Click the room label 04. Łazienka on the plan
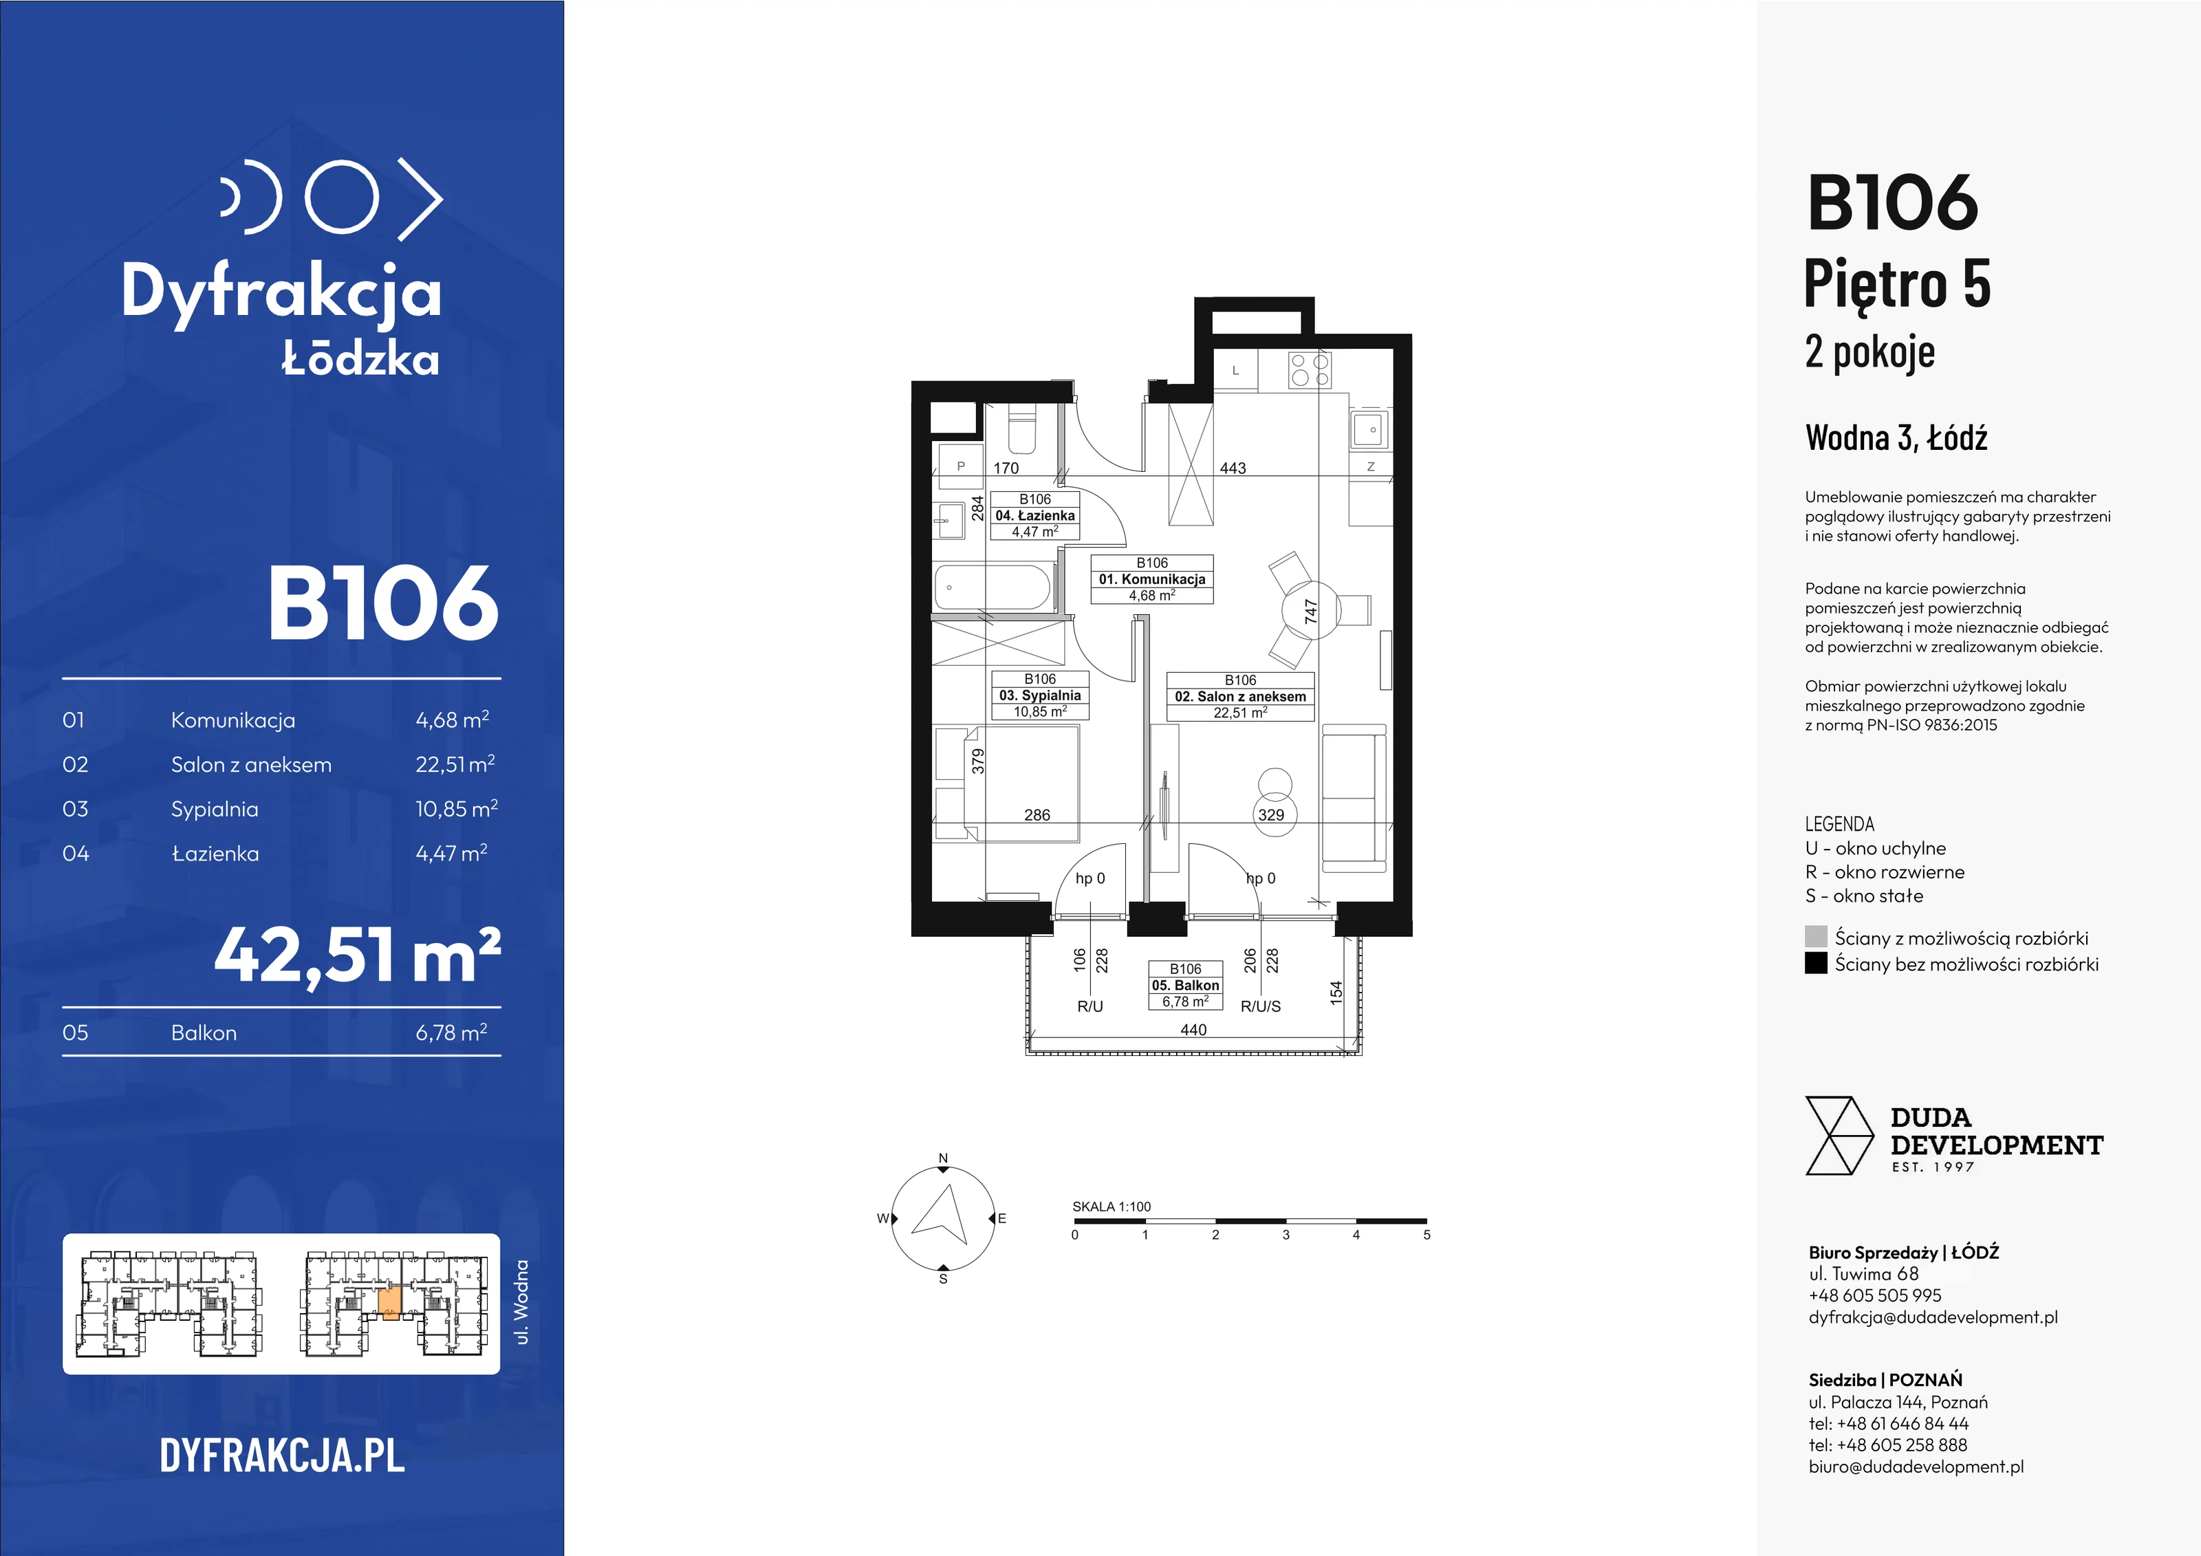[x=1035, y=515]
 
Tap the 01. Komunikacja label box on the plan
[x=1152, y=579]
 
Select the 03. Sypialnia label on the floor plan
[x=1040, y=695]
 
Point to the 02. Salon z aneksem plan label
[x=1240, y=696]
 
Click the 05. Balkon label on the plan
[x=1186, y=984]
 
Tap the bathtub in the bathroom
[x=993, y=587]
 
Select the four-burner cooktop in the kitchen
[x=1310, y=369]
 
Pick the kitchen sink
[x=1370, y=429]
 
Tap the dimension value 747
[x=1310, y=612]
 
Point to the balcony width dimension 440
[x=1193, y=1030]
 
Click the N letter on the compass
[x=943, y=1158]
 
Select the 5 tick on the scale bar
[x=1427, y=1235]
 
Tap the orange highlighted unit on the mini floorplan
[x=390, y=1304]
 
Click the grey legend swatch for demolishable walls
[x=1816, y=937]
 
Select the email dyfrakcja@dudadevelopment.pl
[x=1933, y=1317]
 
